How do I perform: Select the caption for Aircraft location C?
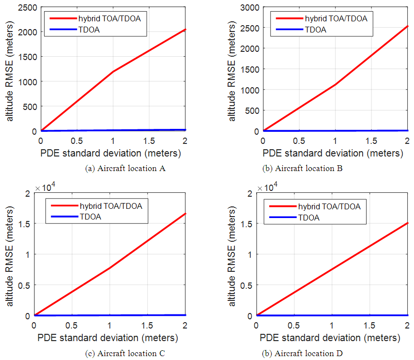tap(124, 353)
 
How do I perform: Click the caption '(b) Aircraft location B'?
tap(302, 168)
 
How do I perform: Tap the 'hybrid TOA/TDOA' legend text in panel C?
tap(110, 206)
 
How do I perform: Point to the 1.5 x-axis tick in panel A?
tap(149, 141)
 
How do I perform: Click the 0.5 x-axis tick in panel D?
tap(293, 326)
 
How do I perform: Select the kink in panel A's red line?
tap(113, 72)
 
